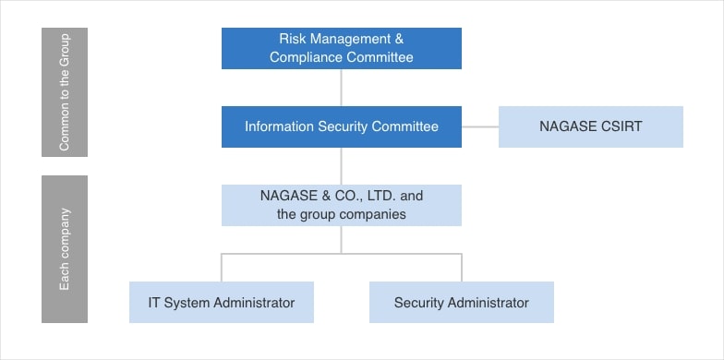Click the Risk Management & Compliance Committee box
[341, 48]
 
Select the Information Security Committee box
[341, 126]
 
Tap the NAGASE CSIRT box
[590, 126]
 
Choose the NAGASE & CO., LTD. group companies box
[341, 205]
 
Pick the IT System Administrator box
[221, 302]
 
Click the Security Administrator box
[461, 302]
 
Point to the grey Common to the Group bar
[65, 91]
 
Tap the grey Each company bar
[65, 248]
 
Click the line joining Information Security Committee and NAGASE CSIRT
[479, 126]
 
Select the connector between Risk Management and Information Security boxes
[342, 87]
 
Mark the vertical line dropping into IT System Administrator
[222, 268]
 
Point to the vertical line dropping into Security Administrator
[462, 268]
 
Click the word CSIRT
[620, 126]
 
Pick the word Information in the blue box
[278, 126]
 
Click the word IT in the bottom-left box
[155, 303]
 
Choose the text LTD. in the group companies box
[382, 196]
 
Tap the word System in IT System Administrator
[188, 303]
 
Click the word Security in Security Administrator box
[419, 303]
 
